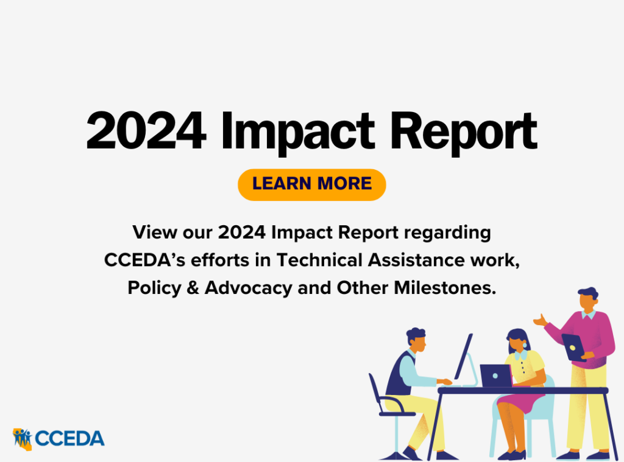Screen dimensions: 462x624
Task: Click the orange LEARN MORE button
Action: tap(311, 184)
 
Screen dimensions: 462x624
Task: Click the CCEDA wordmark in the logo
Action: tap(69, 438)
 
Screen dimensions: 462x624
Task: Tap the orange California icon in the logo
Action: tap(22, 438)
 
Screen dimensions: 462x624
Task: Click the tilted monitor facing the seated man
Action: tap(463, 359)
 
